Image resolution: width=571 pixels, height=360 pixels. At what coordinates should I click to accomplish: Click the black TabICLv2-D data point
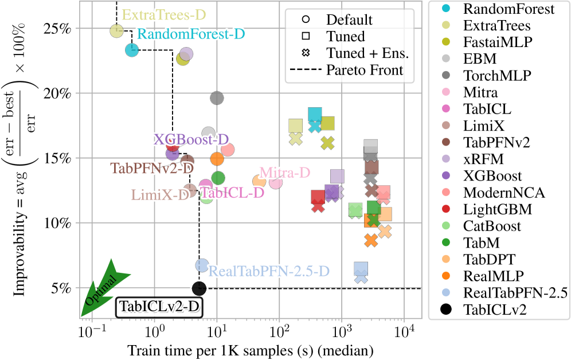point(199,288)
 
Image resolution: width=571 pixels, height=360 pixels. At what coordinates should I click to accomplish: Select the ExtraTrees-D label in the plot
point(165,14)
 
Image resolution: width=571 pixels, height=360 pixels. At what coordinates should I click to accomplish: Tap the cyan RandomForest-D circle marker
point(132,50)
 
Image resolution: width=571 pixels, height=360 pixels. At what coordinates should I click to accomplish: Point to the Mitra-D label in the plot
point(285,173)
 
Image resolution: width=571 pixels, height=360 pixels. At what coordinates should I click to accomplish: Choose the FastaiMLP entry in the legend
point(497,42)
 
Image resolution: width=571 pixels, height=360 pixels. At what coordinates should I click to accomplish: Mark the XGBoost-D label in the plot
point(191,139)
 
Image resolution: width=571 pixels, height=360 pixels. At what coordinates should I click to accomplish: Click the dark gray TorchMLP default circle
point(217,98)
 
